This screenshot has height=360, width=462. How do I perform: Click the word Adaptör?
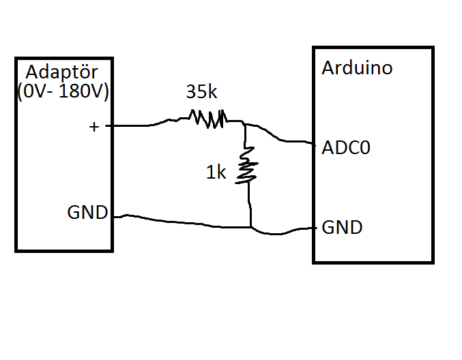click(x=61, y=73)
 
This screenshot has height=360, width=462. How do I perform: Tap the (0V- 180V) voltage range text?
click(x=63, y=91)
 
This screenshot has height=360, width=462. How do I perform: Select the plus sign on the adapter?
click(x=94, y=127)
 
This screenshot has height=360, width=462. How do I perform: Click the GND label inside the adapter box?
click(x=87, y=212)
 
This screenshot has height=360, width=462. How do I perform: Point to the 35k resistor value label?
click(x=201, y=91)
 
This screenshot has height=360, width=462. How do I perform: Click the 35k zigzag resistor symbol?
click(x=208, y=119)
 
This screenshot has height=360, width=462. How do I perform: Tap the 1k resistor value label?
click(x=216, y=172)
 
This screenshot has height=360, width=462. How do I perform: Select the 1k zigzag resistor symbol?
click(x=247, y=165)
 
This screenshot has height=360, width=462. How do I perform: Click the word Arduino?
click(x=357, y=68)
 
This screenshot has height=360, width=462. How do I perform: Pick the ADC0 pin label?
click(x=346, y=147)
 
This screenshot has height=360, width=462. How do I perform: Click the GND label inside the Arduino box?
click(x=342, y=227)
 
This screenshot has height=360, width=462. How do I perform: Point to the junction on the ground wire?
click(x=250, y=227)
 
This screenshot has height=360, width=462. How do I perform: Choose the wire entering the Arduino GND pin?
click(x=283, y=232)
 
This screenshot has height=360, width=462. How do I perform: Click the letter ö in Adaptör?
click(x=84, y=73)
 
